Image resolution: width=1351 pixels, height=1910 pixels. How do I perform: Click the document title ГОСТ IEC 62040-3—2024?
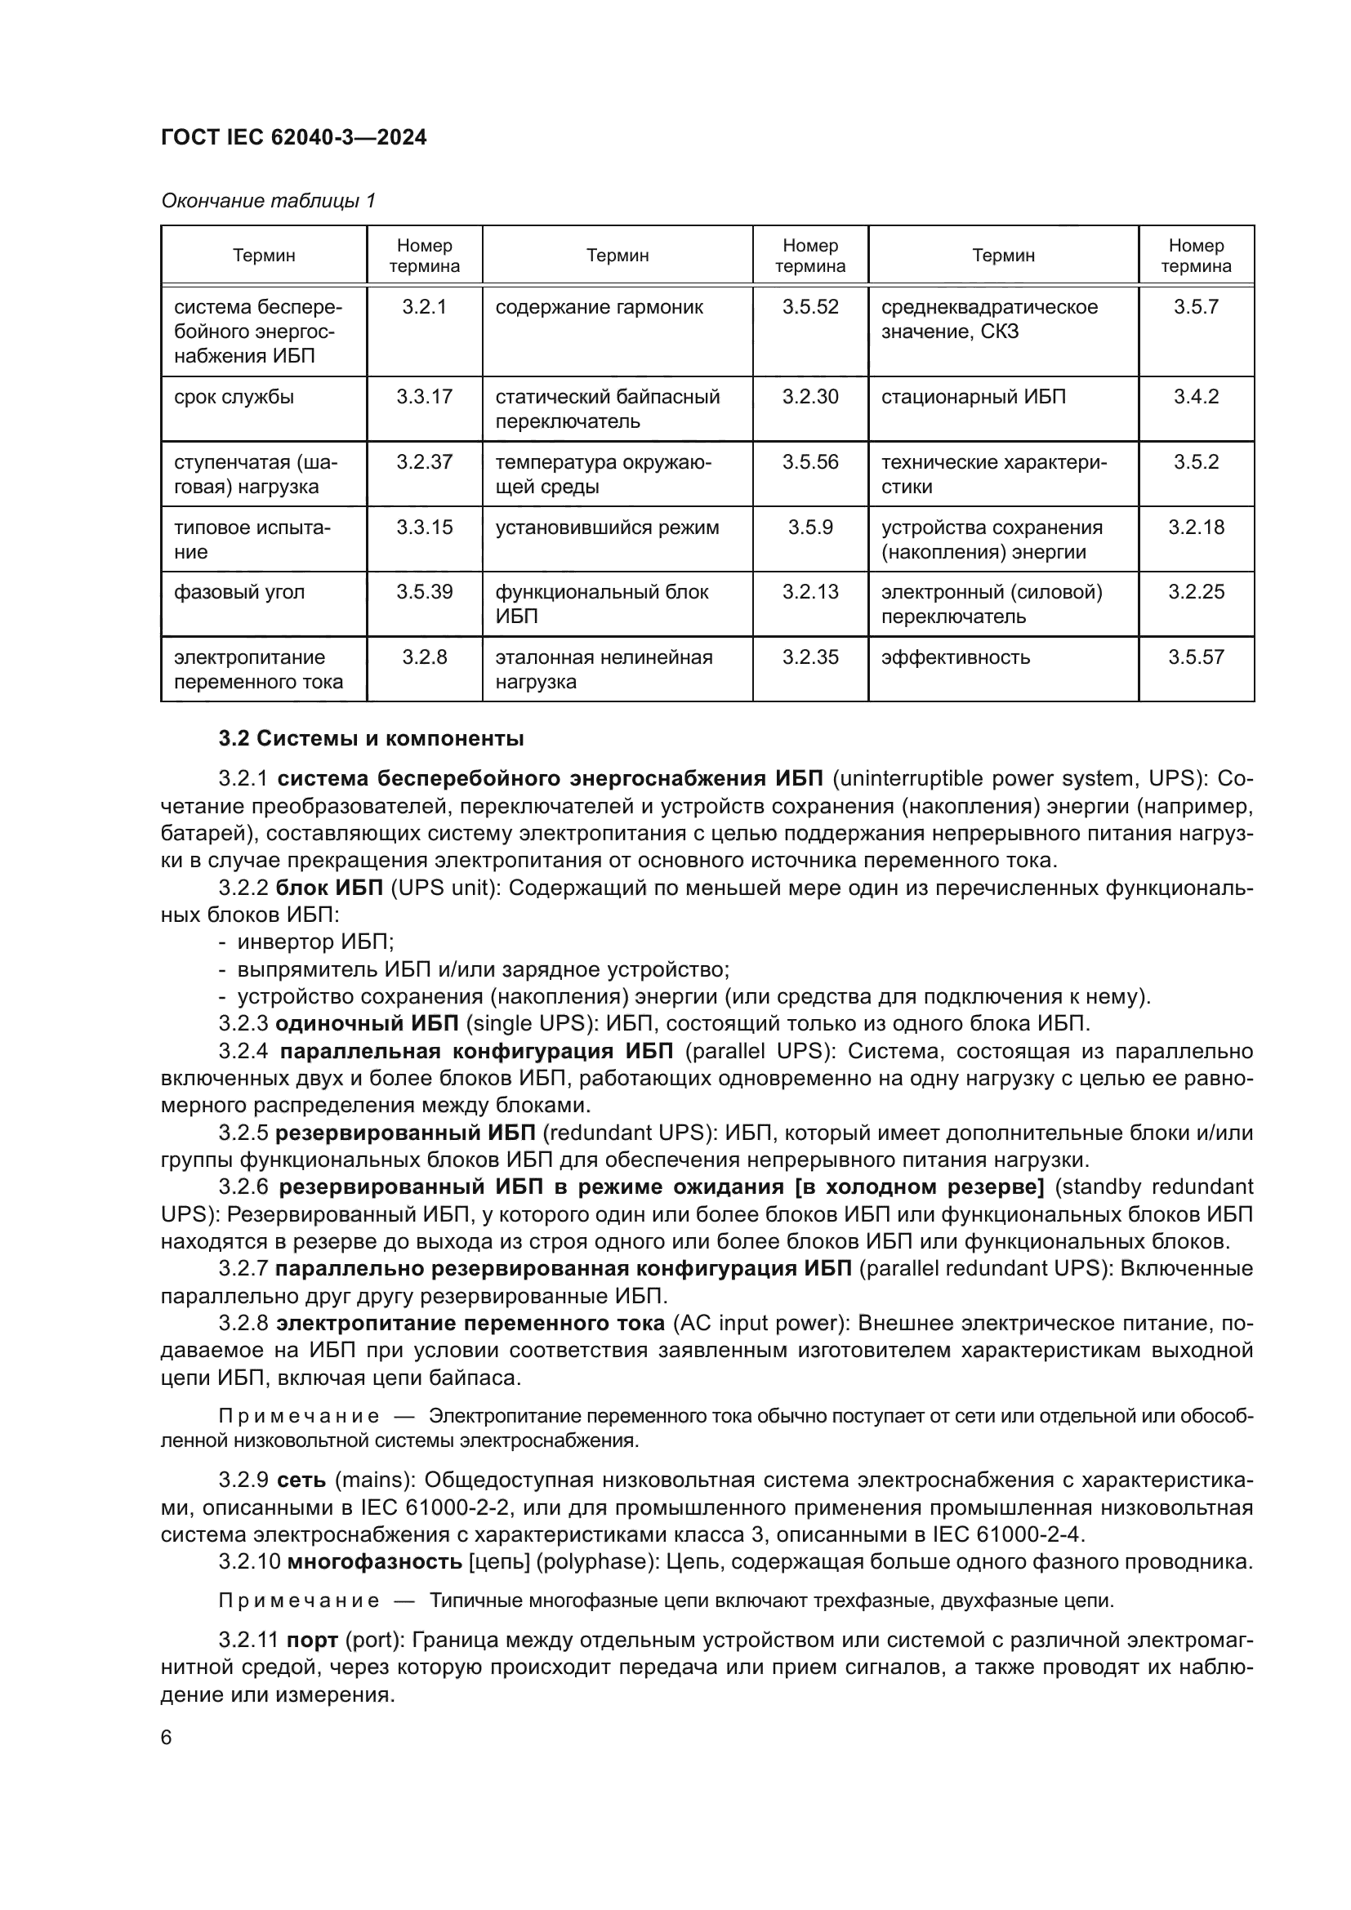(x=294, y=137)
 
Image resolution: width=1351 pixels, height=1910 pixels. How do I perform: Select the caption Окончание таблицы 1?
(x=268, y=201)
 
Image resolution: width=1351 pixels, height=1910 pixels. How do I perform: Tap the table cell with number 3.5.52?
(x=809, y=307)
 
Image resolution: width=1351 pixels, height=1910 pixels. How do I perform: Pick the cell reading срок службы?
(x=234, y=397)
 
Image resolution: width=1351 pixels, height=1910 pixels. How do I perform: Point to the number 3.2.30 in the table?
(x=809, y=397)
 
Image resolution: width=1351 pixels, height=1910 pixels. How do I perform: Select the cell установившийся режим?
(x=606, y=528)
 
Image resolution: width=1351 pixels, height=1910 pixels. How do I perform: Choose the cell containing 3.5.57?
(x=1196, y=657)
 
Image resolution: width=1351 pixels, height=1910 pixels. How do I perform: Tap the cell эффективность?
(x=955, y=657)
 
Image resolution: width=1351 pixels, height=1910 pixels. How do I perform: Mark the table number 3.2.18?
(x=1196, y=528)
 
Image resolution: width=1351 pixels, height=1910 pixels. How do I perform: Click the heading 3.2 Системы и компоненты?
(x=371, y=739)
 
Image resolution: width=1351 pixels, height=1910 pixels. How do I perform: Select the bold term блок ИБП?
(x=328, y=888)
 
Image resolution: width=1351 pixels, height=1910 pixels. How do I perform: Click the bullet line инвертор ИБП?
(x=315, y=942)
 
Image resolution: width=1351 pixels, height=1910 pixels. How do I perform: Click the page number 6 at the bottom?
(x=167, y=1737)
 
